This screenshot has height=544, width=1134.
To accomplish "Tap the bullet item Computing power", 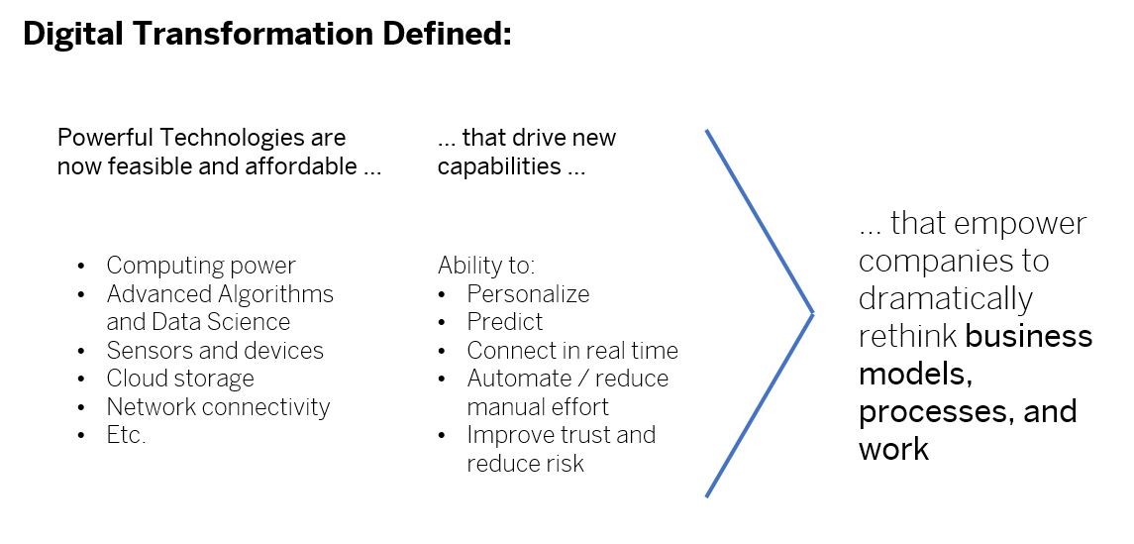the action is [x=201, y=267].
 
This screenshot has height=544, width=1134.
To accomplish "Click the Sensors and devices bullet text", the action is [x=215, y=351].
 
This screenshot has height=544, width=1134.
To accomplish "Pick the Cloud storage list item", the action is [x=180, y=379].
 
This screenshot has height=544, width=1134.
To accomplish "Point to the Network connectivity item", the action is [x=218, y=406].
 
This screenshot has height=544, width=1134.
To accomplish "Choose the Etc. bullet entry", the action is [x=126, y=435].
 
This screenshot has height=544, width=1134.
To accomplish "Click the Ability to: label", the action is [x=486, y=266].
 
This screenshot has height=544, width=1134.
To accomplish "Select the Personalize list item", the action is [x=528, y=293].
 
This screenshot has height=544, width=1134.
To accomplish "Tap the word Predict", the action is [x=505, y=322].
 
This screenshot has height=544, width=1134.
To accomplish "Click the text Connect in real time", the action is [x=572, y=351].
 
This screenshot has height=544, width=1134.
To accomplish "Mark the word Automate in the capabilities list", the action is [x=519, y=379].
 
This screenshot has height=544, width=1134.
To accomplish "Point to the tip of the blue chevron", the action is [x=814, y=313].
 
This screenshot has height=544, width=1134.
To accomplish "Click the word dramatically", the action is [x=946, y=299].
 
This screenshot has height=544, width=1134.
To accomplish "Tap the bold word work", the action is [x=894, y=449].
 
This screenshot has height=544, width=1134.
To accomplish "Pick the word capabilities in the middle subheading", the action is [x=499, y=166].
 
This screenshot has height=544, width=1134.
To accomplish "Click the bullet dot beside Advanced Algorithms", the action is [x=81, y=294].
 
